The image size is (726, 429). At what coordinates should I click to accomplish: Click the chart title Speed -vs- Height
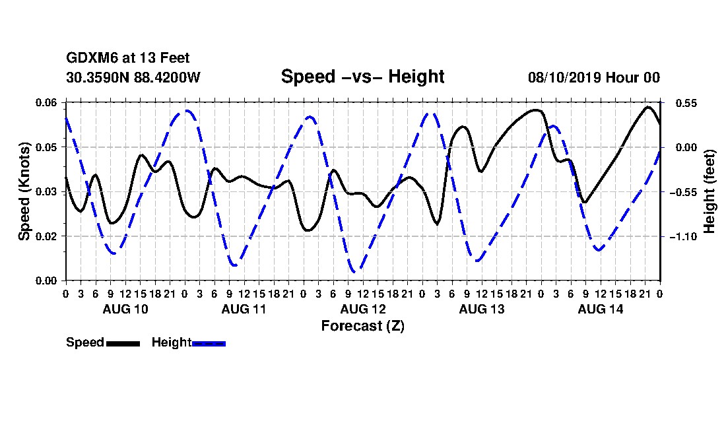click(362, 77)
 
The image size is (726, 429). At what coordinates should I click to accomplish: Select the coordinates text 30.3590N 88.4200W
click(133, 77)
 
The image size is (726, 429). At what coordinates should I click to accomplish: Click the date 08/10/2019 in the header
click(564, 77)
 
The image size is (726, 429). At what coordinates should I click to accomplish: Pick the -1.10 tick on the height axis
click(683, 236)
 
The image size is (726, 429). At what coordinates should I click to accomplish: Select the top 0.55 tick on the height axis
click(686, 103)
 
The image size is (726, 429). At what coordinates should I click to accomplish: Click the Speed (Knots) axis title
click(24, 191)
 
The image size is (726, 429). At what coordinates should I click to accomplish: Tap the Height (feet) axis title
click(709, 191)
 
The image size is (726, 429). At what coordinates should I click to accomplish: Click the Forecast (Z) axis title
click(363, 326)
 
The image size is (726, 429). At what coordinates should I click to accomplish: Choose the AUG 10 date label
click(125, 309)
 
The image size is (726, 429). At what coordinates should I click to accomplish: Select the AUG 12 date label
click(363, 309)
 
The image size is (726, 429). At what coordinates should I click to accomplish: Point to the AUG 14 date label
click(601, 309)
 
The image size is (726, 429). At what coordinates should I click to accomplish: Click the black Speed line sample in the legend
click(123, 343)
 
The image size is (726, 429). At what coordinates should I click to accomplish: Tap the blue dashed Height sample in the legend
click(209, 343)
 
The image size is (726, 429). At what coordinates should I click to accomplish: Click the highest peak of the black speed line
click(648, 108)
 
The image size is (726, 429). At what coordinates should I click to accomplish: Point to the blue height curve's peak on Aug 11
click(186, 111)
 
